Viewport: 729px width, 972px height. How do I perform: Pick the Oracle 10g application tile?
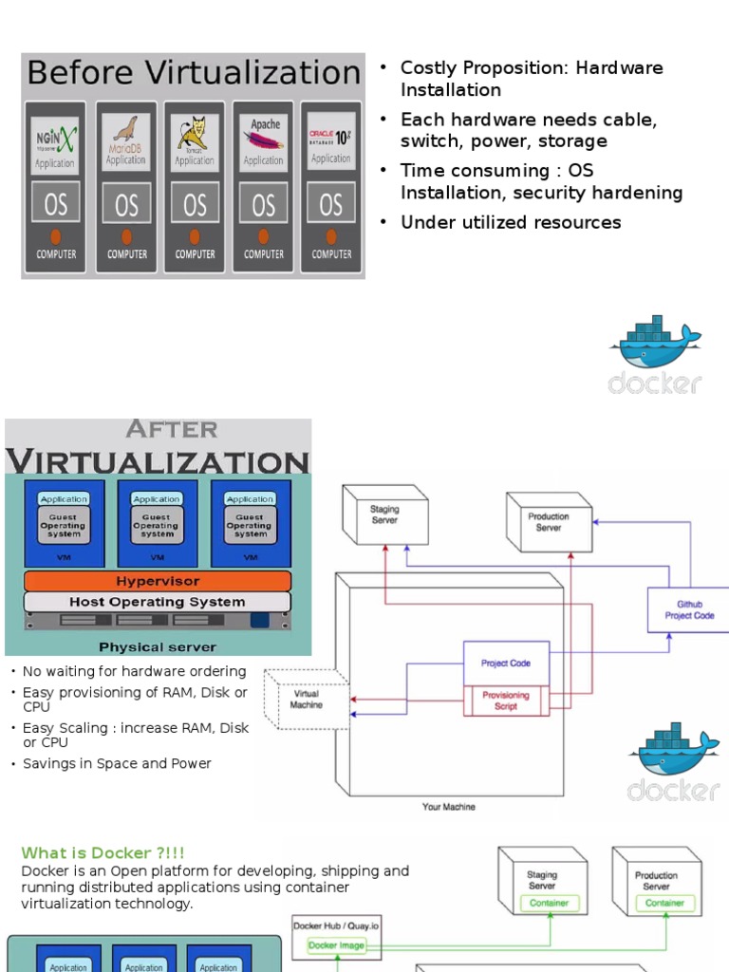coord(330,142)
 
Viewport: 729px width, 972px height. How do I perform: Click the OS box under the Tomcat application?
coord(195,204)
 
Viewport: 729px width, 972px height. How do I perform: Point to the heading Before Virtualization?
coord(193,73)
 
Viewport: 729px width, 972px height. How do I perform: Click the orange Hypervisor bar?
coord(157,580)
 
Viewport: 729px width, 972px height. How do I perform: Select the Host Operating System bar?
coord(157,602)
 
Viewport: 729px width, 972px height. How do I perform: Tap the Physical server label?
coord(158,647)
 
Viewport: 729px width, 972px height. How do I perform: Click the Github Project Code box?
coord(689,609)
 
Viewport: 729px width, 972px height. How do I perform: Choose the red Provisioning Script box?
coord(506,701)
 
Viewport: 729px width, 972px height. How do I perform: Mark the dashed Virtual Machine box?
coord(306,700)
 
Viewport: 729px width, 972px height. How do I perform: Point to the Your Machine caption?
coord(449,807)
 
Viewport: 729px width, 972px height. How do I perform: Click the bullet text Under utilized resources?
coord(511,222)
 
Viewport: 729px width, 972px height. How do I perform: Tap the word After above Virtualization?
coord(172,429)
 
